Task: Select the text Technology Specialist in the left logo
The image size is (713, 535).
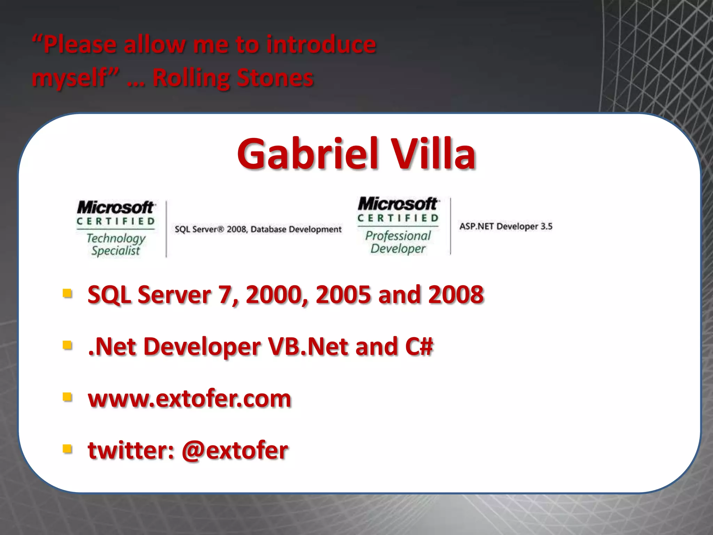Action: tap(116, 245)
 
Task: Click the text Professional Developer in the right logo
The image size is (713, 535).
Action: tap(398, 242)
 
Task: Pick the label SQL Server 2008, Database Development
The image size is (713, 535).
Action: tap(258, 229)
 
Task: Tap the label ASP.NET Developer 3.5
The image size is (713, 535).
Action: tap(506, 226)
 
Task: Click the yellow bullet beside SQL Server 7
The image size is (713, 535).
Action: tap(67, 293)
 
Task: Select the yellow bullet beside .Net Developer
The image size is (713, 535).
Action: tap(67, 345)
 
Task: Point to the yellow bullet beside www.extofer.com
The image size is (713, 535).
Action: tap(67, 397)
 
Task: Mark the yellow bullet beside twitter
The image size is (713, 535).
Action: tap(67, 449)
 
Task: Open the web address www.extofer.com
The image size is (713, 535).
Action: tap(189, 398)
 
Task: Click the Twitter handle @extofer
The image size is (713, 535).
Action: tap(235, 450)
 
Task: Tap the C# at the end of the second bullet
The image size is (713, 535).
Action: tap(419, 347)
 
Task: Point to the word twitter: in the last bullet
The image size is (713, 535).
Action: tap(131, 450)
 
